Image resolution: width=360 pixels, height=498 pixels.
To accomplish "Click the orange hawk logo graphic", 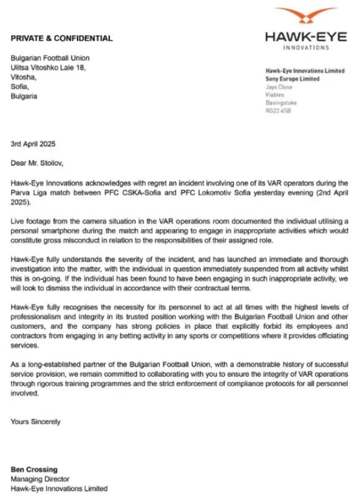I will (305, 18).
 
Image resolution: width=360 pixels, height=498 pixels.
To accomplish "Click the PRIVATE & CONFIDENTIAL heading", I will (61, 38).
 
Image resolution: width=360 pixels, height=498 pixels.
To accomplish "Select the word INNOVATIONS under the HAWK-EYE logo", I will (305, 47).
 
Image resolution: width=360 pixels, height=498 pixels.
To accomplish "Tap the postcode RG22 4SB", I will (279, 111).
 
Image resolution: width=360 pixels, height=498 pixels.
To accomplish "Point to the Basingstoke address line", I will (281, 103).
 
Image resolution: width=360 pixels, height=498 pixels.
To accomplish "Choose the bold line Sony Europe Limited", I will (292, 79).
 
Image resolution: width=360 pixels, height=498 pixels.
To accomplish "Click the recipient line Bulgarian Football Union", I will (50, 58).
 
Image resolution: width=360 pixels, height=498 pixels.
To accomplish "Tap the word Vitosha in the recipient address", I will (22, 77).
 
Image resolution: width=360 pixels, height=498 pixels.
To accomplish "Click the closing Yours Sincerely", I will (36, 422).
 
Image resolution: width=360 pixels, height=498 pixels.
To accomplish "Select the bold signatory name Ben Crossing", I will (34, 470).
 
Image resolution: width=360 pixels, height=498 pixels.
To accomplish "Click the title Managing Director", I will (40, 479).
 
